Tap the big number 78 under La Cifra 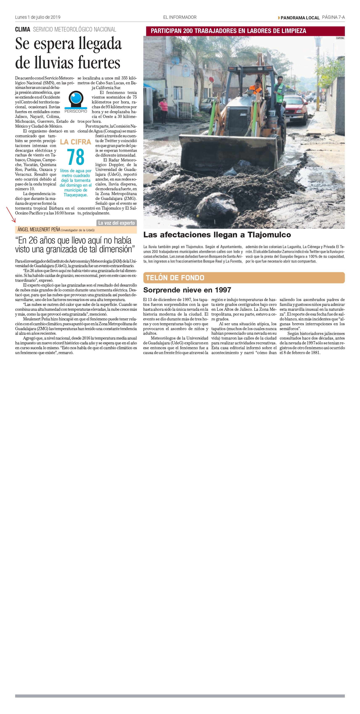76,157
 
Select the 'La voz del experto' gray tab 116,223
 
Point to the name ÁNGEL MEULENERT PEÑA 39,230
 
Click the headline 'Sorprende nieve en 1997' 187,290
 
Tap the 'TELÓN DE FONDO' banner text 175,278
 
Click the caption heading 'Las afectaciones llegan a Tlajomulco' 217,235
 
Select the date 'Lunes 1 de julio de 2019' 38,17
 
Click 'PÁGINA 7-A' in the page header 333,17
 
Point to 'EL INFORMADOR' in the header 180,17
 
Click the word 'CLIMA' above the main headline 22,29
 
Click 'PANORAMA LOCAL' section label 300,18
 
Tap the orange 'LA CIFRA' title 75,142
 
